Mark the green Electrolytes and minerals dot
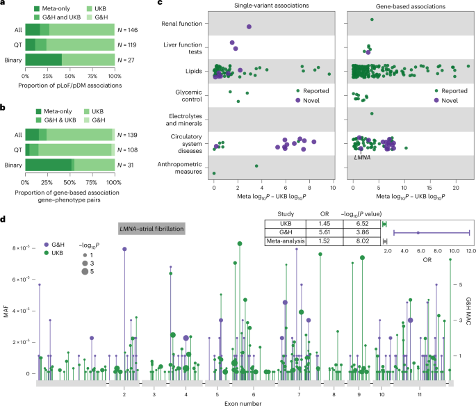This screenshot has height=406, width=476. [x=372, y=113]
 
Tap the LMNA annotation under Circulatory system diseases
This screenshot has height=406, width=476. [x=361, y=158]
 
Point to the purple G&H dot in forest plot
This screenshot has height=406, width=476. [x=418, y=233]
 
